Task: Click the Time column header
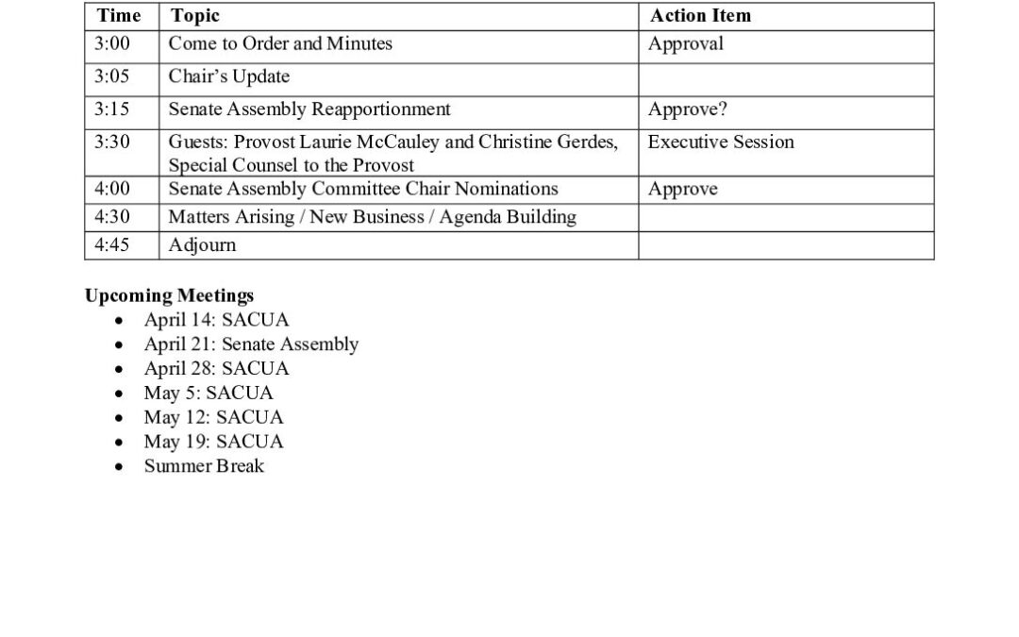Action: point(118,15)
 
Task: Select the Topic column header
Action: point(195,15)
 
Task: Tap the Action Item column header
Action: point(700,15)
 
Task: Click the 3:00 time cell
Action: point(112,43)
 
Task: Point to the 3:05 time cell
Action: point(112,76)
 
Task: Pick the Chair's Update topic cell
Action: point(228,76)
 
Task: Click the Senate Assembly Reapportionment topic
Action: point(309,109)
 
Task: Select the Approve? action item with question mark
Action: point(687,109)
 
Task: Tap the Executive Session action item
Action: point(721,142)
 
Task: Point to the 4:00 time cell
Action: point(112,189)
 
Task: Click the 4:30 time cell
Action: point(112,217)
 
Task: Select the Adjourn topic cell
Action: point(202,245)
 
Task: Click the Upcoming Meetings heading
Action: point(169,295)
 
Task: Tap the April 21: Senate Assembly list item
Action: point(251,344)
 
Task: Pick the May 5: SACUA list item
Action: point(208,393)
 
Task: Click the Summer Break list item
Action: point(204,466)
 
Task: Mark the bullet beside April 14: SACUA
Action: point(118,321)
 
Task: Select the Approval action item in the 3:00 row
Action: point(685,43)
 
